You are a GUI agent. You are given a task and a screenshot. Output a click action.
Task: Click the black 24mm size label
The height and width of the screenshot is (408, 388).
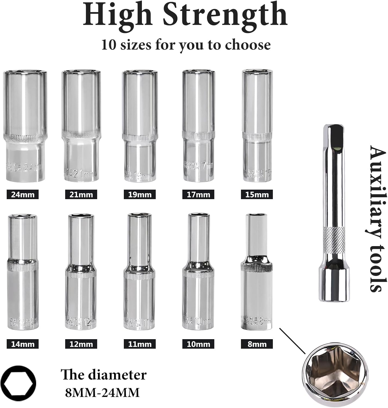pyautogui.click(x=23, y=195)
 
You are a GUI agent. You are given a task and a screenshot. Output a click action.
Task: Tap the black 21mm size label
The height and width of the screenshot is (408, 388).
pyautogui.click(x=81, y=195)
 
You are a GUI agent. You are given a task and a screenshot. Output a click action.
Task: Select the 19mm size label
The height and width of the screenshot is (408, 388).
pyautogui.click(x=140, y=195)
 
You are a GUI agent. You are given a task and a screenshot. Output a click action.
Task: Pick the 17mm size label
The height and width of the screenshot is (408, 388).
pyautogui.click(x=198, y=195)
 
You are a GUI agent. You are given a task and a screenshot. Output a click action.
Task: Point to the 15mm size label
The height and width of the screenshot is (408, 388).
pyautogui.click(x=257, y=195)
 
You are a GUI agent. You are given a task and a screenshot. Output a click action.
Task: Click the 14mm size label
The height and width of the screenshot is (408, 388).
pyautogui.click(x=23, y=344)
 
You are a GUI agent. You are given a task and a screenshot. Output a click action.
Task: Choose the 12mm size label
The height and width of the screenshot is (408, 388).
pyautogui.click(x=81, y=344)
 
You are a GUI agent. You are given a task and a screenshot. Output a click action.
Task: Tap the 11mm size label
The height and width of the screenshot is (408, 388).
pyautogui.click(x=140, y=344)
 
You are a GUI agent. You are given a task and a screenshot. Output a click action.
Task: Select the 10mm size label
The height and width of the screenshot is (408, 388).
pyautogui.click(x=198, y=344)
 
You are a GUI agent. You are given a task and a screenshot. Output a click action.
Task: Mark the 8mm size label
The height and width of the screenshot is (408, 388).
pyautogui.click(x=257, y=344)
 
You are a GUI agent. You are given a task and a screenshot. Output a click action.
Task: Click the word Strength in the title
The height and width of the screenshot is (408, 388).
pyautogui.click(x=225, y=15)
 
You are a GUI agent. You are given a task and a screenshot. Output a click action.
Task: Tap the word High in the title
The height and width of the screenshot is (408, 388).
pyautogui.click(x=117, y=15)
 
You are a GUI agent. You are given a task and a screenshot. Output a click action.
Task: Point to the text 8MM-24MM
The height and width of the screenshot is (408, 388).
pyautogui.click(x=102, y=393)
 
